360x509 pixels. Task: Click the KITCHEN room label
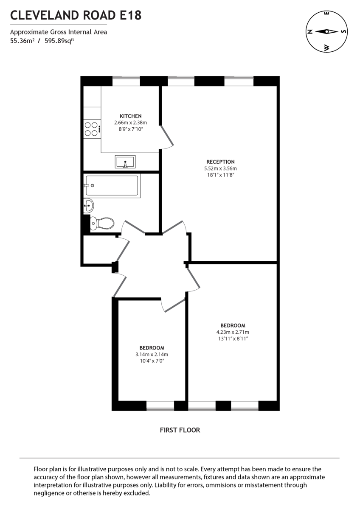tap(130, 116)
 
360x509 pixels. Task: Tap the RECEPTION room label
tap(220, 162)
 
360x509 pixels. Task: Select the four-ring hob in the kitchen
tap(91, 129)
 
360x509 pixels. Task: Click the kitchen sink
tap(125, 162)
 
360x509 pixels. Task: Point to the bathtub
tap(112, 185)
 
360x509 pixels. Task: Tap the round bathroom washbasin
tap(88, 207)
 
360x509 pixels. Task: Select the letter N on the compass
tap(309, 31)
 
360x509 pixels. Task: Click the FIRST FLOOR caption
tap(180, 430)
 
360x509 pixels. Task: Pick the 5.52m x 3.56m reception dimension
tap(220, 168)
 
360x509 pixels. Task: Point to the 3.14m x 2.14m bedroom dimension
tap(152, 355)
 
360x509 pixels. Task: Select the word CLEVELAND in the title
tap(44, 16)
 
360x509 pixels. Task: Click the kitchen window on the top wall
tap(126, 81)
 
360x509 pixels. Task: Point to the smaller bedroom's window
tap(160, 406)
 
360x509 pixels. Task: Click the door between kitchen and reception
tap(166, 137)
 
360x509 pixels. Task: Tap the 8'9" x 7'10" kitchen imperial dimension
tap(130, 129)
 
